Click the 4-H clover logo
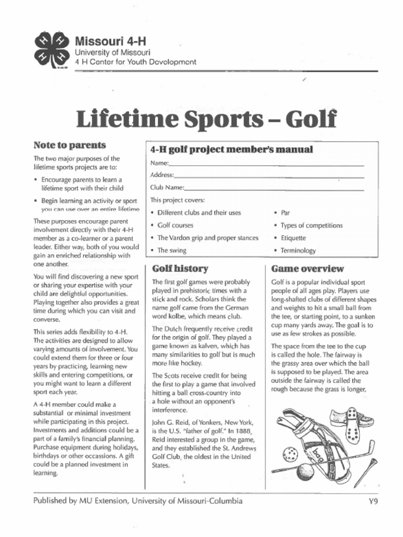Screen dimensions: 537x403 tap(52, 50)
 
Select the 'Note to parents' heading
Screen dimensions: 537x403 tap(69, 145)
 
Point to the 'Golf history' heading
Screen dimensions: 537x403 tap(180, 269)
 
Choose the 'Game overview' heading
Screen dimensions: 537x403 tap(307, 269)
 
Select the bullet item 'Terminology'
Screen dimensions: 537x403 tap(298, 251)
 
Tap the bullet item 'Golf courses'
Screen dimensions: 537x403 tap(175, 225)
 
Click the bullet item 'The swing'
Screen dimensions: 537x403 tap(172, 251)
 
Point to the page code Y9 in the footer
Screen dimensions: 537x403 tap(373, 501)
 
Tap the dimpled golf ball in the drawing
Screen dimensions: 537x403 tap(305, 472)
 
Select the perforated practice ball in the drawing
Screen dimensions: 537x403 tap(289, 454)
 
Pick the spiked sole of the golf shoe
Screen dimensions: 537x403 tap(353, 425)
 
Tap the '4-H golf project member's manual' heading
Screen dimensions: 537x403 tap(232, 149)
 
